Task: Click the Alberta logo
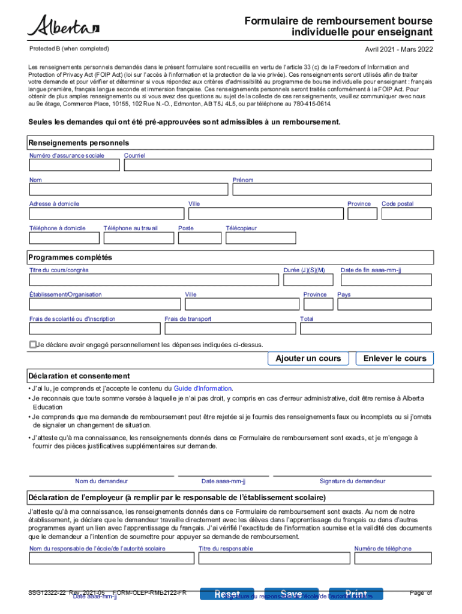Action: [x=63, y=26]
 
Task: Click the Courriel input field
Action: [x=276, y=165]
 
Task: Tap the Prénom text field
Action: [x=331, y=189]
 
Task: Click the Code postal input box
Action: [x=406, y=213]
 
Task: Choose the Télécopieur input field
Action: [x=260, y=238]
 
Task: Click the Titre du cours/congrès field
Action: [x=153, y=280]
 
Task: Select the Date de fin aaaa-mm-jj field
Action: [x=384, y=280]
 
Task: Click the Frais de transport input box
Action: [x=230, y=329]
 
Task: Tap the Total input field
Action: [x=365, y=329]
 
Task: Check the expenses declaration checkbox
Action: [x=33, y=345]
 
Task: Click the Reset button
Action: [x=227, y=594]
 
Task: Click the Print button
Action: [x=356, y=594]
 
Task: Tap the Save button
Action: [x=292, y=594]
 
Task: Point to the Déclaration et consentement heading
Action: [x=79, y=376]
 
